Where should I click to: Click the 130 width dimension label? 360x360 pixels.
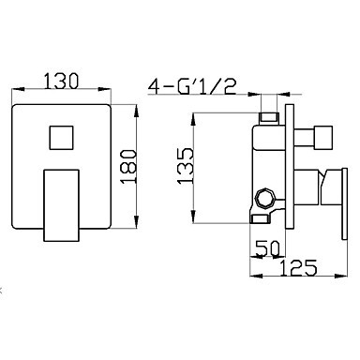61,81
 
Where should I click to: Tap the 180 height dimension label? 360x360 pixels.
128,166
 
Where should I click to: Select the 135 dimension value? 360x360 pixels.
186,166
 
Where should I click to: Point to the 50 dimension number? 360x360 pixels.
267,248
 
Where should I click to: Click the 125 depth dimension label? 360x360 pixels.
298,267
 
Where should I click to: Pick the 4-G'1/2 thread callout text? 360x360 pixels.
192,86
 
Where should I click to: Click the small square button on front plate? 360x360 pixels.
61,138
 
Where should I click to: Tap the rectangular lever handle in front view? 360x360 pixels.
61,205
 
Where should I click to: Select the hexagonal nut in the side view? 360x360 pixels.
265,199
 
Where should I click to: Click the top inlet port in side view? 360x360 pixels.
269,117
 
